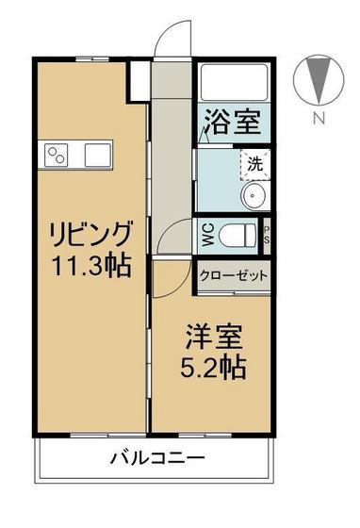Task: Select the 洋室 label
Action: coord(213,336)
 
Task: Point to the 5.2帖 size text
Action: coord(213,366)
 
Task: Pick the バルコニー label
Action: coord(157,459)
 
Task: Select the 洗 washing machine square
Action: coord(255,163)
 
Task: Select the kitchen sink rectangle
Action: coord(97,153)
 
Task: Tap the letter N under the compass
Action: coord(319,119)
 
